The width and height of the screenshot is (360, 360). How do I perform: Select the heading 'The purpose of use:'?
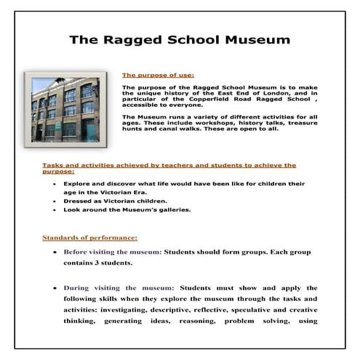pos(157,74)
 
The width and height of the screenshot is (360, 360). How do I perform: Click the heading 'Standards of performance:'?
pos(89,237)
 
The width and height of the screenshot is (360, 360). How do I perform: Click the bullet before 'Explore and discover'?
pos(56,185)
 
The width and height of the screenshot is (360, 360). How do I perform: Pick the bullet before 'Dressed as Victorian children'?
pos(56,200)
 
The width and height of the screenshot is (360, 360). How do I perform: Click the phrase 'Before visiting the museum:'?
pos(113,252)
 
